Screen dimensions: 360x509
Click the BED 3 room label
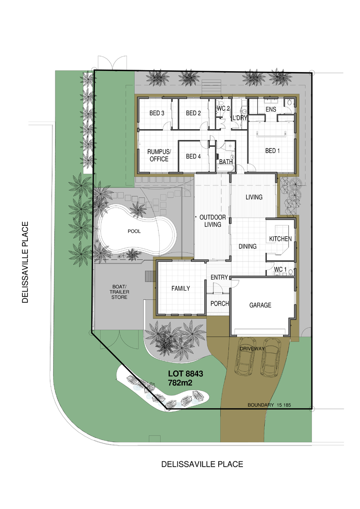(157, 113)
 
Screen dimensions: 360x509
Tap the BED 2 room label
(193, 113)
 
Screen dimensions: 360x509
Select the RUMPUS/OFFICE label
(159, 155)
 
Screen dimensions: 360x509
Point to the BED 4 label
(193, 157)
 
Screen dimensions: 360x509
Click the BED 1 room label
(272, 151)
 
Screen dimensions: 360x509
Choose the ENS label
(271, 109)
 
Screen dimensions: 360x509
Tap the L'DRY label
(240, 118)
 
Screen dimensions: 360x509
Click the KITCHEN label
(280, 239)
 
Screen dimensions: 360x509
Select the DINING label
(247, 246)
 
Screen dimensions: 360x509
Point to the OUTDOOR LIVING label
(212, 221)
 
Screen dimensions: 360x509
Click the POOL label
(134, 231)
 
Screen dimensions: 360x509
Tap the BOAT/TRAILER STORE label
(119, 292)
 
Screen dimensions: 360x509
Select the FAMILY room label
(180, 288)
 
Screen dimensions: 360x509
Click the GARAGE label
(260, 305)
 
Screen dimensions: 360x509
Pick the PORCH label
(220, 303)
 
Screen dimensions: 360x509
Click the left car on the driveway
(245, 356)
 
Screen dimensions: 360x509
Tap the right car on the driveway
(271, 357)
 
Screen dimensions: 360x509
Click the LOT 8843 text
(185, 374)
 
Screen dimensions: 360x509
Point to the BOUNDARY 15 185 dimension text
(269, 405)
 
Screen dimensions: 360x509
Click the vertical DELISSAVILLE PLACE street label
(25, 262)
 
